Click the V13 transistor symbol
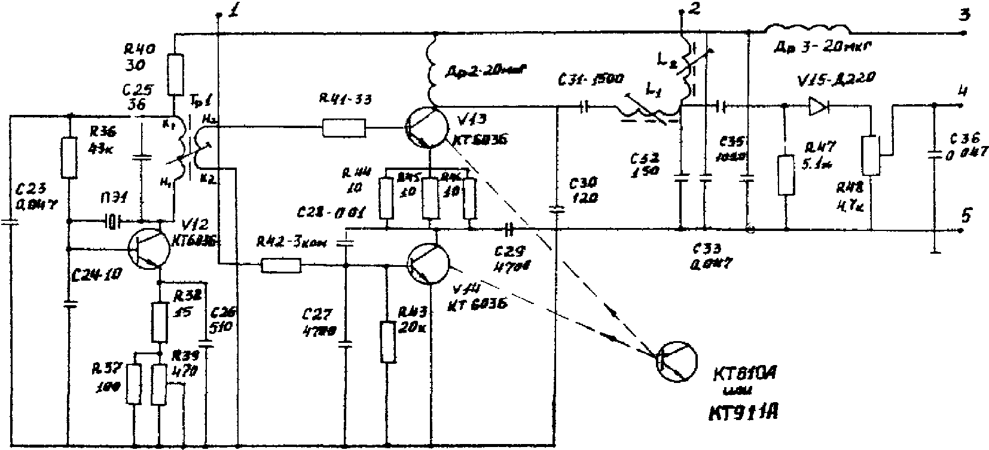pyautogui.click(x=426, y=127)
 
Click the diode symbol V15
pyautogui.click(x=818, y=107)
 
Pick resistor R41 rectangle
pyautogui.click(x=343, y=127)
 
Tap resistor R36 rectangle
pyautogui.click(x=70, y=158)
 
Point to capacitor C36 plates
pyautogui.click(x=933, y=156)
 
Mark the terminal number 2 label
pyautogui.click(x=694, y=8)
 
